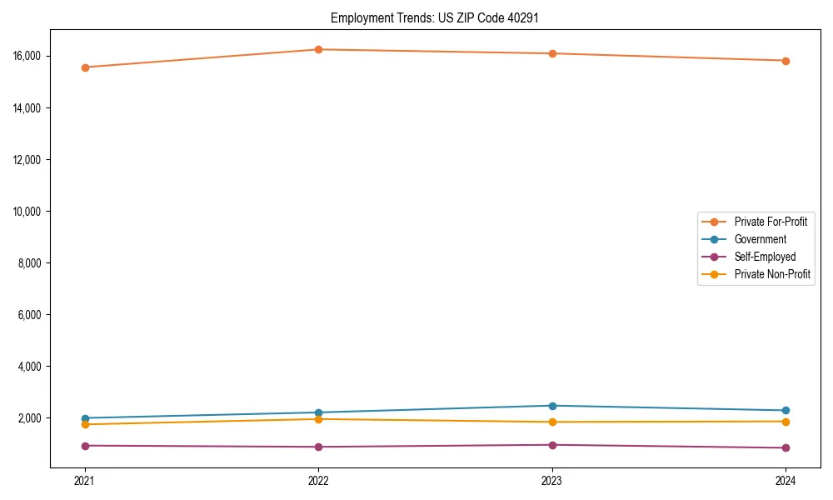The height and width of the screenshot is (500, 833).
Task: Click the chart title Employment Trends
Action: pos(435,17)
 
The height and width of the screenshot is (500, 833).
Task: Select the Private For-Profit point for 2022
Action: pos(318,49)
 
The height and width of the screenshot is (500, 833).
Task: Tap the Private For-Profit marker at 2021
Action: pos(84,67)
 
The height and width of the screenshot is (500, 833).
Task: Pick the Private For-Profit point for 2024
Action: pos(786,61)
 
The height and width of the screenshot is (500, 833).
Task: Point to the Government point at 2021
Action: pos(84,418)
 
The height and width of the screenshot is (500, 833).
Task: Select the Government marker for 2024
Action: pos(786,410)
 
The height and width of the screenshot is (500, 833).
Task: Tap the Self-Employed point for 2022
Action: pos(318,447)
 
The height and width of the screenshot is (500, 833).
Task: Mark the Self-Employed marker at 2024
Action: pos(786,447)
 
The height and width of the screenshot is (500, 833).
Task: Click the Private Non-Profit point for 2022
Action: pos(318,419)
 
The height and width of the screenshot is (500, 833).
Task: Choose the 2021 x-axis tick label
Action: pos(84,481)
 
